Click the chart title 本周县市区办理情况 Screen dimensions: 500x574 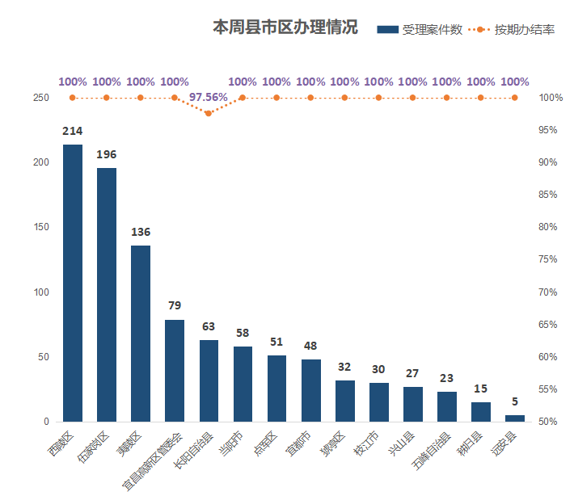coord(285,28)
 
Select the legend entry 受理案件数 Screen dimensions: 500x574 coord(420,30)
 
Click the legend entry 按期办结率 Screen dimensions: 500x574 coord(513,30)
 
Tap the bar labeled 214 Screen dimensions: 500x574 coord(73,283)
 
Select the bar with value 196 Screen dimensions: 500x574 coord(107,295)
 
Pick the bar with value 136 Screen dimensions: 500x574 coord(141,333)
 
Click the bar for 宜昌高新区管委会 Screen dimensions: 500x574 coord(175,370)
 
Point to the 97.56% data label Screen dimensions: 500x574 coord(208,97)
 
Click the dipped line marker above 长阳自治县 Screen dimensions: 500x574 coord(209,113)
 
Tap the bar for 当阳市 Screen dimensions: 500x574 coord(243,384)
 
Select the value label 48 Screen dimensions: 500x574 coord(310,346)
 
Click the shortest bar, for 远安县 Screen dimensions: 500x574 coord(515,418)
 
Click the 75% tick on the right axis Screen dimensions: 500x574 coord(549,259)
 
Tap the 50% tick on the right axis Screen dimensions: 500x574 coord(549,422)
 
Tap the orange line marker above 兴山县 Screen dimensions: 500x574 coord(413,98)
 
